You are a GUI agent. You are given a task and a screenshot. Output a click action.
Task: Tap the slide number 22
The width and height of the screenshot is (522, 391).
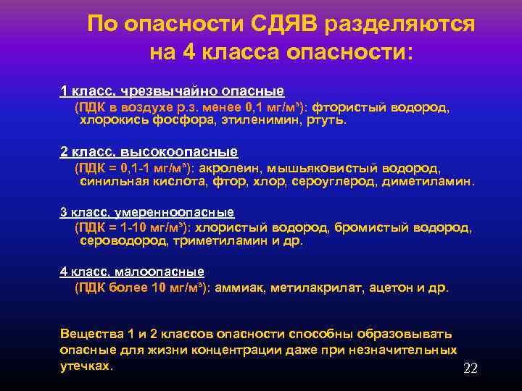470,369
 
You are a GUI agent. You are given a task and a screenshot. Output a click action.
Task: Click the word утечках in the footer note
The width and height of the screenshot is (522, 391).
86,365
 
